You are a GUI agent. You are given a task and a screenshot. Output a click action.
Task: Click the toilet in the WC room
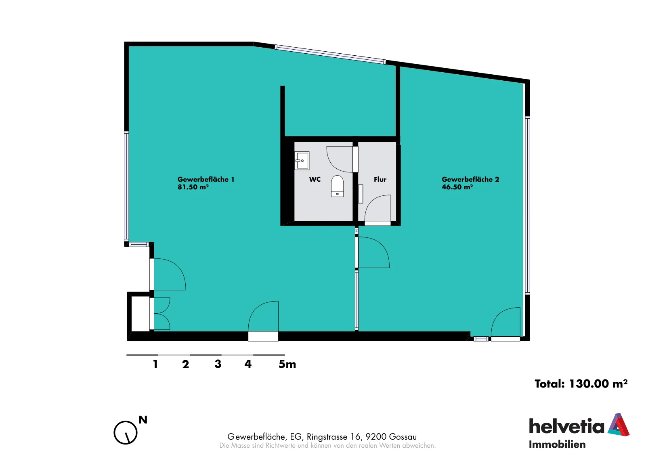[x=337, y=186]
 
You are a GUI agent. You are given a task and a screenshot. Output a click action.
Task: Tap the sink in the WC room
[x=302, y=161]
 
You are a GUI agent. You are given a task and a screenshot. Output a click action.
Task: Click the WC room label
[x=315, y=179]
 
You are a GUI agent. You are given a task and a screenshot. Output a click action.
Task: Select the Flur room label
[x=380, y=179]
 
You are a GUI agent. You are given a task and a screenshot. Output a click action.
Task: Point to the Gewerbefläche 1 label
[x=206, y=179]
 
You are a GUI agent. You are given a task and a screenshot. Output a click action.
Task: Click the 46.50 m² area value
[x=457, y=187]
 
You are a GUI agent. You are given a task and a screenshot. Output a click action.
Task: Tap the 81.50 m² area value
[x=193, y=187]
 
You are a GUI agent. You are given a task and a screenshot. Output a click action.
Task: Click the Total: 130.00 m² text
[x=581, y=384]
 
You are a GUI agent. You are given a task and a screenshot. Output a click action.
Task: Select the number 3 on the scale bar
[x=218, y=364]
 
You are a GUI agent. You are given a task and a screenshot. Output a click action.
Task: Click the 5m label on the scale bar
[x=287, y=364]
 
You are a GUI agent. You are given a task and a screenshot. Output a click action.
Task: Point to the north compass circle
[x=126, y=432]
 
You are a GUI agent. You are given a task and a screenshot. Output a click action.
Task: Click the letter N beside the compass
[x=143, y=420]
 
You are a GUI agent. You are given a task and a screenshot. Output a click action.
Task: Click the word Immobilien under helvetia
[x=557, y=444]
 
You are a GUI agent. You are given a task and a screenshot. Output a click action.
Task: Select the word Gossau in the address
[x=403, y=437]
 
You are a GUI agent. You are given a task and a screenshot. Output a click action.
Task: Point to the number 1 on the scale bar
[x=155, y=364]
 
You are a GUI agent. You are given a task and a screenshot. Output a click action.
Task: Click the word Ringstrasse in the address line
[x=327, y=437]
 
